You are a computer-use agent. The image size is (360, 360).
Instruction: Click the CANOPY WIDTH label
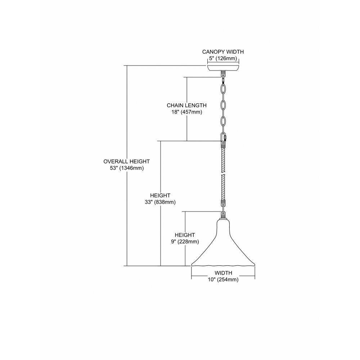[223, 52]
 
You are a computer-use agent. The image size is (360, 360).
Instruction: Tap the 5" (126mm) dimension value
[223, 59]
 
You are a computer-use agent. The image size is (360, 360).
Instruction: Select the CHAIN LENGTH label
[186, 105]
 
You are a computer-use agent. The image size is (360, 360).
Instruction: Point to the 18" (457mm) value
[186, 112]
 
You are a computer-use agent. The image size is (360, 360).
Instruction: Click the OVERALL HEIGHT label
[126, 161]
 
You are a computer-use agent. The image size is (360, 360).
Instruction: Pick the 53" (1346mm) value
[127, 168]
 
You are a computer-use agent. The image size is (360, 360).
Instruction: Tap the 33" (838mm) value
[160, 202]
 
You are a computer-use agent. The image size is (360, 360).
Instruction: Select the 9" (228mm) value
[185, 242]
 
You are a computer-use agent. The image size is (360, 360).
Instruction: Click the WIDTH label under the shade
[224, 273]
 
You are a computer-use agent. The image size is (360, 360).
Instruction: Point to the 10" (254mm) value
[224, 280]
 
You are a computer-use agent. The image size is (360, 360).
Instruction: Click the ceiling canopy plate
[223, 68]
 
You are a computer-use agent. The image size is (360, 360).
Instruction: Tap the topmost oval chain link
[223, 89]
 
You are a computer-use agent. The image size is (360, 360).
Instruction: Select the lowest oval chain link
[223, 122]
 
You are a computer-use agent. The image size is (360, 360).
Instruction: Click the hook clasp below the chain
[224, 138]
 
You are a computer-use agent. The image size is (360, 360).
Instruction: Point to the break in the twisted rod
[223, 175]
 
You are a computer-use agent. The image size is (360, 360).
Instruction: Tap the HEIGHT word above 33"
[160, 195]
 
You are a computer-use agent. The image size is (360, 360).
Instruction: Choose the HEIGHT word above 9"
[185, 235]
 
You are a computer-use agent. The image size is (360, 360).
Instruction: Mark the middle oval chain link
[223, 105]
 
